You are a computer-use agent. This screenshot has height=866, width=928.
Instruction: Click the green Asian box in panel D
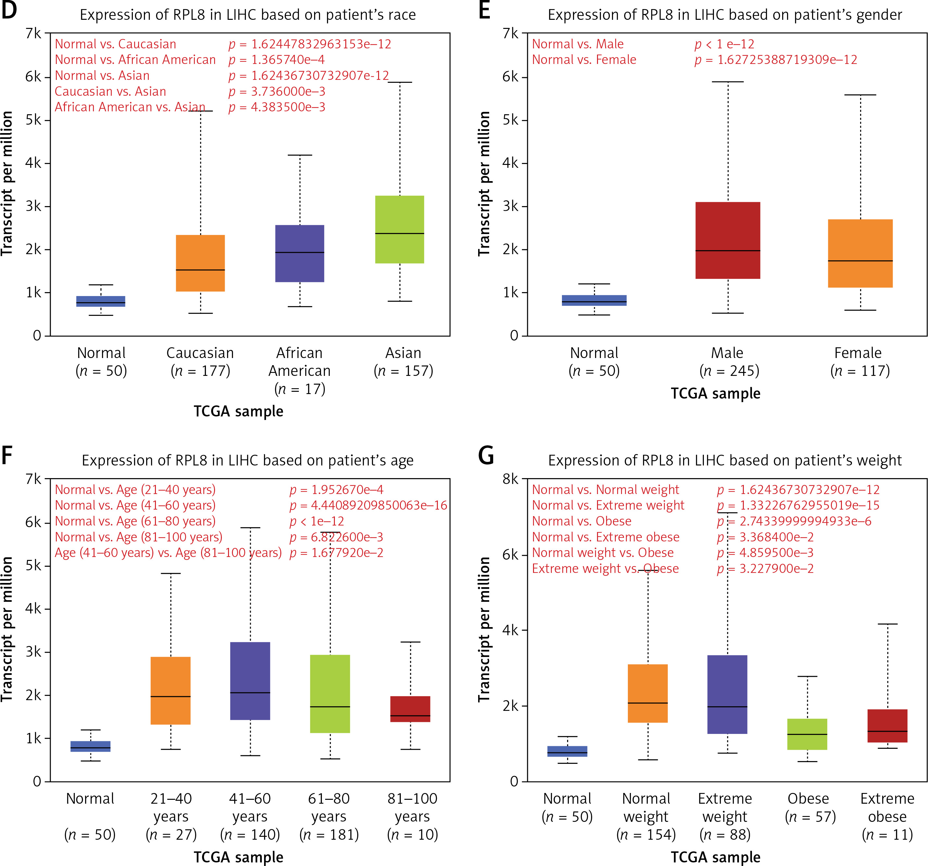click(400, 229)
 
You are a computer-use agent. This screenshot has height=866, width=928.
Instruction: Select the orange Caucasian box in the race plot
click(200, 263)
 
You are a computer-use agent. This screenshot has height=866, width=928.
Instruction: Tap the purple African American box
click(300, 254)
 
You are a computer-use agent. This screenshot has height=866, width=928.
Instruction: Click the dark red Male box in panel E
click(728, 240)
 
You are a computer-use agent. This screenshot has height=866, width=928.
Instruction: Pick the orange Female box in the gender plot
click(860, 254)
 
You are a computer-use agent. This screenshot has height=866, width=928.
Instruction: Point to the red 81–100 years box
click(410, 709)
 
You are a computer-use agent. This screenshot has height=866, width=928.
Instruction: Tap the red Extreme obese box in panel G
click(887, 725)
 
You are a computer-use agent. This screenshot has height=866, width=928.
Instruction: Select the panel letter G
click(486, 456)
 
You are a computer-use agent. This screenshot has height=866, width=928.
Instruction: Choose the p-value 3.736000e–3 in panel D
click(277, 92)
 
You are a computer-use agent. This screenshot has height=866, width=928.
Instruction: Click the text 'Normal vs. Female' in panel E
click(584, 60)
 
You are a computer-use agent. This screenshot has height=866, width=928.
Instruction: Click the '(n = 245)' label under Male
click(729, 371)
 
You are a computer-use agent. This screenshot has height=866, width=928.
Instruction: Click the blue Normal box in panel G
click(567, 751)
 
